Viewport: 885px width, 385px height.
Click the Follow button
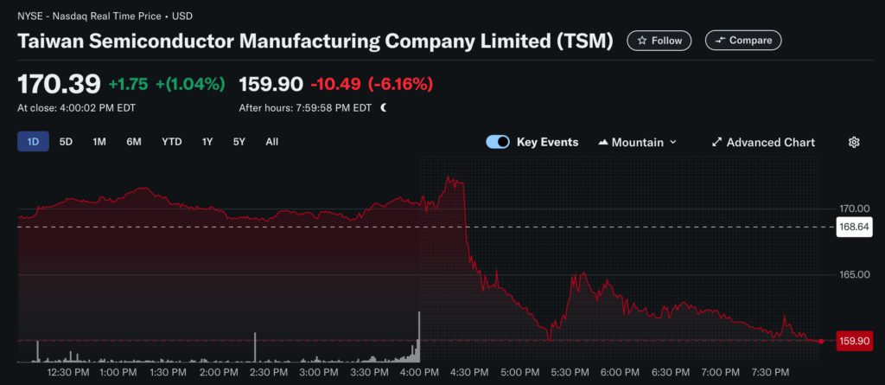pos(660,40)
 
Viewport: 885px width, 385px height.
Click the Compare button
pos(743,40)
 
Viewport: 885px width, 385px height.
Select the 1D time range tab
pos(33,142)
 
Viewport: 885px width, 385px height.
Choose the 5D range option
pos(66,142)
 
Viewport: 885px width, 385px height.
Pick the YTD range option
pos(171,142)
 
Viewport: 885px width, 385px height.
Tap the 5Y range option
pos(239,142)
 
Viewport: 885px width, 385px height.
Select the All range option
pos(271,142)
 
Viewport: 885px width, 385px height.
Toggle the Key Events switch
pos(498,142)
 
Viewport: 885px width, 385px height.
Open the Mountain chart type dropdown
pos(638,142)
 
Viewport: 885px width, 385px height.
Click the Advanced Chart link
pos(762,142)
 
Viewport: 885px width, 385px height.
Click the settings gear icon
pos(854,142)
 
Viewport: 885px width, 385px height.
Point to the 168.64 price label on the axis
pos(853,228)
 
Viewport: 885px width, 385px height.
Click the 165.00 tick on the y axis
pos(853,274)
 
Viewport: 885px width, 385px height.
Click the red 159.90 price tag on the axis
pos(853,341)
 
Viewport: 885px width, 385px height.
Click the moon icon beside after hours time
pos(383,108)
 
